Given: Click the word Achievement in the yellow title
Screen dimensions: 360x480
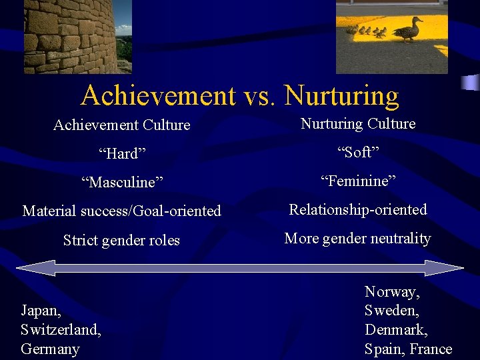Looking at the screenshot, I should point(157,97).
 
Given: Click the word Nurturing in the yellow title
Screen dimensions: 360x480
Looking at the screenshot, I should point(341,97).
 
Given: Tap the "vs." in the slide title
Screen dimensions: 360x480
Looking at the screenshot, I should point(260,97).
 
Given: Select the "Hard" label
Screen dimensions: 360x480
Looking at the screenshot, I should point(122,154).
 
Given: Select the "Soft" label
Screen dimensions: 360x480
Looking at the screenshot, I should point(358,153).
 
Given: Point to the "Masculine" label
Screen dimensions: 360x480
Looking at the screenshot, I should point(122,182).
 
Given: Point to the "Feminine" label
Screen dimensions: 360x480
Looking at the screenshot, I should point(358,181).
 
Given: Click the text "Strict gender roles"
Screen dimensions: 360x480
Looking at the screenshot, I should point(121,240).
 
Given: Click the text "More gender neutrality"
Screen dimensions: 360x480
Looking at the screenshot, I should point(357,239).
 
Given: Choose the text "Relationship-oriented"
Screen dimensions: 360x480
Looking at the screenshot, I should point(357,210).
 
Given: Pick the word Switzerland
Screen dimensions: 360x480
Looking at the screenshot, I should point(60,330).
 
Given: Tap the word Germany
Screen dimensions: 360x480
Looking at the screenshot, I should point(50,349).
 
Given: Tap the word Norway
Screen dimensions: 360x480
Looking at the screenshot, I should point(392,291).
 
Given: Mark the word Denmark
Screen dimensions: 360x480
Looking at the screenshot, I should point(396,330).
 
